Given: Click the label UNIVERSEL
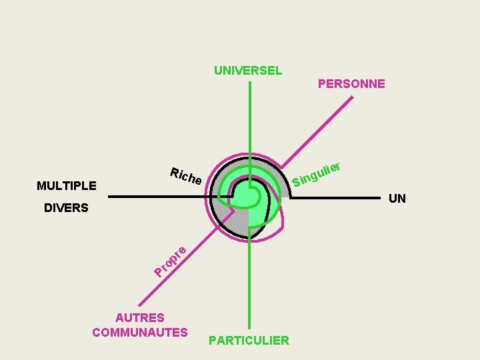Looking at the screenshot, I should (248, 70).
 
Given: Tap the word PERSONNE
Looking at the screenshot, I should (351, 84).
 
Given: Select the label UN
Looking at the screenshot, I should (397, 199).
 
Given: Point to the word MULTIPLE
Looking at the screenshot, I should (67, 185).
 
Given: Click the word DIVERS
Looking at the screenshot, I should (66, 208).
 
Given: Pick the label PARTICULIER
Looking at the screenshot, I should (249, 341).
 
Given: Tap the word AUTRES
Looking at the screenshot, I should (140, 318).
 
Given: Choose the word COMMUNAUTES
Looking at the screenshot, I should (140, 332).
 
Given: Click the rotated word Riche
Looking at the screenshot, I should (186, 176).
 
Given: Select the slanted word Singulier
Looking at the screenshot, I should (317, 173).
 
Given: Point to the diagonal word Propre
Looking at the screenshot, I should (171, 261).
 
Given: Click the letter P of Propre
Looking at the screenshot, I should (159, 271).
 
